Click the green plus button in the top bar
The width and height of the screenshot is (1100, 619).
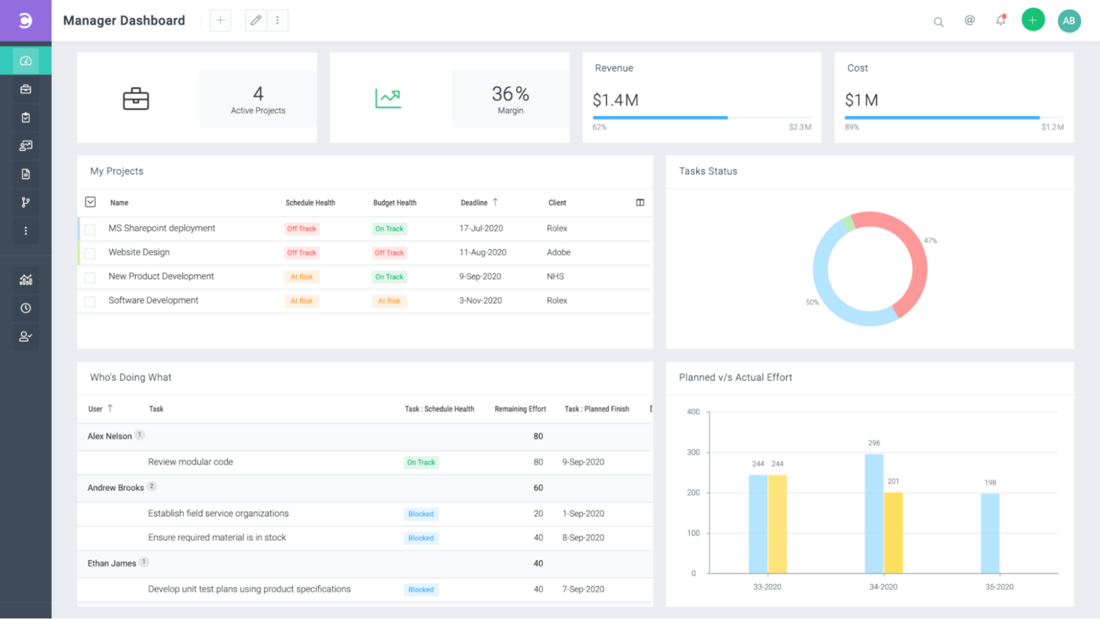[1032, 20]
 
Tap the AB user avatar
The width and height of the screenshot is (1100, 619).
[1069, 21]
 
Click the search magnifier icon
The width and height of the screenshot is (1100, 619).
[938, 22]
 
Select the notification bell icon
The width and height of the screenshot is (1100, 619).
[1000, 21]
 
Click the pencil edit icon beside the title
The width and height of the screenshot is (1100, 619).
[255, 20]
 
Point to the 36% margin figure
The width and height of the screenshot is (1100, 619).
[510, 94]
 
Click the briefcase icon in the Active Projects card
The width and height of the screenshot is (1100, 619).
[136, 99]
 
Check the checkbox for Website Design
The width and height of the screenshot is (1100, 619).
[90, 253]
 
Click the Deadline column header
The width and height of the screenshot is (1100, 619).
[474, 203]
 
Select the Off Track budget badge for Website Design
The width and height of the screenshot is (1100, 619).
[389, 253]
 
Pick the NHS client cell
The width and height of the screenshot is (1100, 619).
[555, 277]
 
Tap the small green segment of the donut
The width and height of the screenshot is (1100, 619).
[847, 224]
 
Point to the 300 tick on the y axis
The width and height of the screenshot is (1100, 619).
[693, 452]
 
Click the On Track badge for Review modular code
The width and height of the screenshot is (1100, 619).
[421, 463]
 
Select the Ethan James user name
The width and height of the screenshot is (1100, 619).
[112, 563]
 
